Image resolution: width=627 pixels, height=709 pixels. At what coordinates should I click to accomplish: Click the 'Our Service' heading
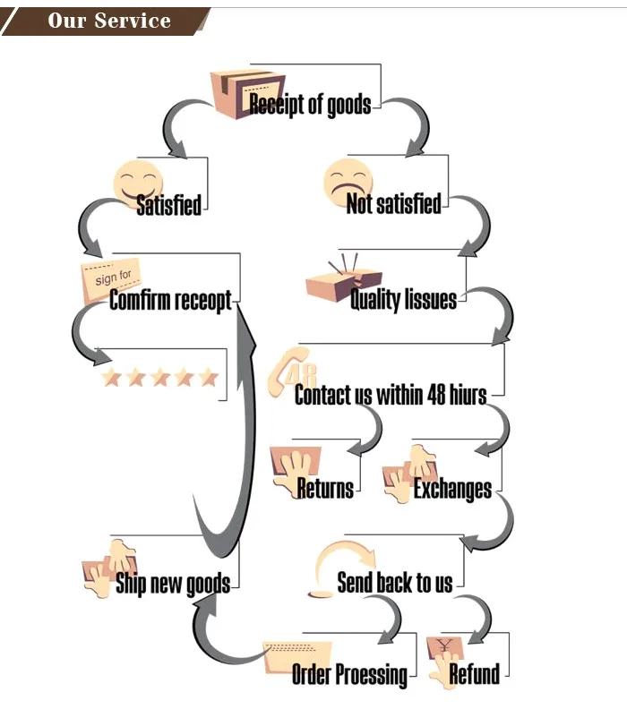point(109,21)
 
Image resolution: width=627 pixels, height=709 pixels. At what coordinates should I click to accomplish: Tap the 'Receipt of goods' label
point(310,105)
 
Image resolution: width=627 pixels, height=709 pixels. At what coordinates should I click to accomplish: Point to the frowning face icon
point(348,182)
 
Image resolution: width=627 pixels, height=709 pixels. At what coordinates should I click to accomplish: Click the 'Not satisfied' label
point(394,204)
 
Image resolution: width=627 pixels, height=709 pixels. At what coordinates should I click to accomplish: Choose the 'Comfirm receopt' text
point(170,301)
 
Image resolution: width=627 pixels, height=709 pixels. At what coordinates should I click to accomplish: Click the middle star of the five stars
point(160,378)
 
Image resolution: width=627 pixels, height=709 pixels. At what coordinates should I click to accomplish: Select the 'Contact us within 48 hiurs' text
point(391,395)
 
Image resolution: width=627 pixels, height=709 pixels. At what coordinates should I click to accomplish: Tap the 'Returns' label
point(325,489)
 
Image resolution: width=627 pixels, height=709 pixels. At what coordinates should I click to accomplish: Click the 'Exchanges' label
point(452,490)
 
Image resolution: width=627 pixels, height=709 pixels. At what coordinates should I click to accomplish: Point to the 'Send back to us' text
point(395,584)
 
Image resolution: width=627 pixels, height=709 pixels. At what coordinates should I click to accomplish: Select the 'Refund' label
point(475,674)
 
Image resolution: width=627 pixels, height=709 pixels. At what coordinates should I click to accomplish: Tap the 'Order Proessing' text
point(349,674)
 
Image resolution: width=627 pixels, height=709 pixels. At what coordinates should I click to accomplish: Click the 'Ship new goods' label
point(173,585)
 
